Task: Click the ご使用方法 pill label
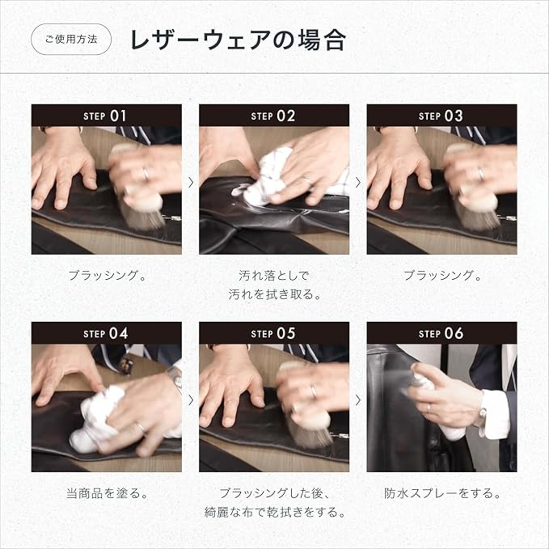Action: [71, 39]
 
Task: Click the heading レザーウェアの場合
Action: [238, 40]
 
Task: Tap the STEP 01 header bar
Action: [106, 115]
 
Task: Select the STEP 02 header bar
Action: [274, 115]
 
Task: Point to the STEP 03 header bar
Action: [442, 115]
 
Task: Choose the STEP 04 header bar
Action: [106, 333]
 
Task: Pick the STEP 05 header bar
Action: [274, 333]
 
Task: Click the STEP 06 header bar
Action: [442, 333]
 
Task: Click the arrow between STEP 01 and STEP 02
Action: [191, 183]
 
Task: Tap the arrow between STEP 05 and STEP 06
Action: [358, 401]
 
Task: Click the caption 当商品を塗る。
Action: [107, 493]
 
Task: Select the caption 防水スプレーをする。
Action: [442, 493]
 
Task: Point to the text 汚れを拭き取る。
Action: [274, 295]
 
